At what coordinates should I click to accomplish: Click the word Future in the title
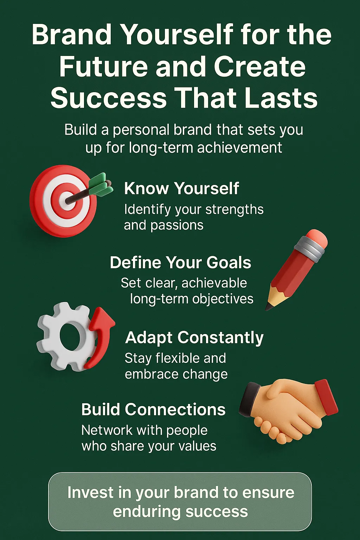(x=103, y=66)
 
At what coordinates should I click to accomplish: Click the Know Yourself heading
(x=181, y=188)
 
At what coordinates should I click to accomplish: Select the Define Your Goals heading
(x=180, y=263)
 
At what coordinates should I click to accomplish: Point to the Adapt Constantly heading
(x=194, y=338)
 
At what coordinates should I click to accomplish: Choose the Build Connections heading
(x=153, y=409)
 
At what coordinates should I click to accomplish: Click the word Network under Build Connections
(x=107, y=430)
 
